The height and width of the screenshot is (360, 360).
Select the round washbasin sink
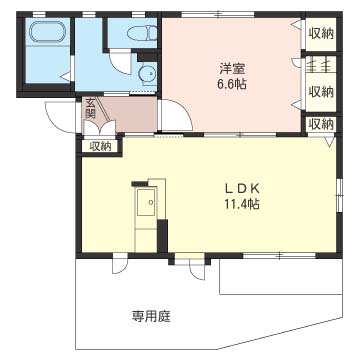pos(147,73)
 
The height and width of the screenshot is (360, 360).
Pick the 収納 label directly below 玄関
pos(100,146)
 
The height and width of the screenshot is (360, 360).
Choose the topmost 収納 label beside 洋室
pos(320,34)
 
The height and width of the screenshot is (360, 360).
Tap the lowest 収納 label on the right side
pos(320,124)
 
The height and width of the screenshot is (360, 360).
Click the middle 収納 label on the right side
pos(320,92)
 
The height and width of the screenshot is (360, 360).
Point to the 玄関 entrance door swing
pos(106,128)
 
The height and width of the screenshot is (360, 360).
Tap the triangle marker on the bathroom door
pos(66,77)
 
